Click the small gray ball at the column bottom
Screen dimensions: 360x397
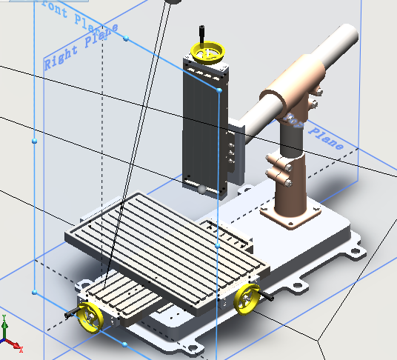(x=202, y=190)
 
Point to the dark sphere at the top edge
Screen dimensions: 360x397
(x=173, y=2)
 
